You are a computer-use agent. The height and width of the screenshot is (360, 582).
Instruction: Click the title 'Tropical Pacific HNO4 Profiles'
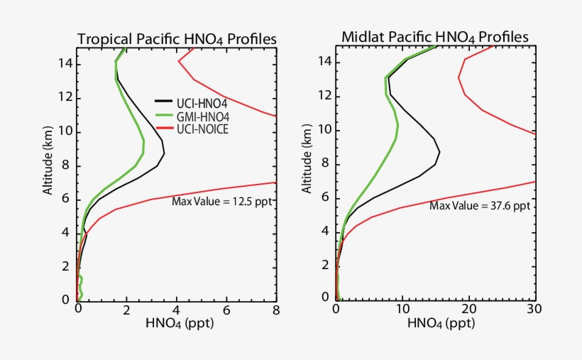[x=176, y=38]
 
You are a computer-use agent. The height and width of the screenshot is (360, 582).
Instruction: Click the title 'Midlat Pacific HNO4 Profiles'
[x=435, y=36]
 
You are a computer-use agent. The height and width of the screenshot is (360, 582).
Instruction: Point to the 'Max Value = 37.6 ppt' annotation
[x=480, y=206]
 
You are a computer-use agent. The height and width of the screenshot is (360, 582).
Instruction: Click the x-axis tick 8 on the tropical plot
[x=275, y=310]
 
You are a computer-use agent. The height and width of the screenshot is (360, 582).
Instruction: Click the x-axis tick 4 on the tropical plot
[x=176, y=310]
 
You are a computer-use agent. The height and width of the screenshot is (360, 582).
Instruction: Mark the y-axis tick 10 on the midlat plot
[x=324, y=130]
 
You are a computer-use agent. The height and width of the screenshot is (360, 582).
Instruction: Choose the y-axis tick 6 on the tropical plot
[x=67, y=200]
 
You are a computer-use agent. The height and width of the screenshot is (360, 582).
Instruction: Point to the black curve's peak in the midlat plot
[x=439, y=151]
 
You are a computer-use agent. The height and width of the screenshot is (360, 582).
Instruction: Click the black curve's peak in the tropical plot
[x=164, y=153]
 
